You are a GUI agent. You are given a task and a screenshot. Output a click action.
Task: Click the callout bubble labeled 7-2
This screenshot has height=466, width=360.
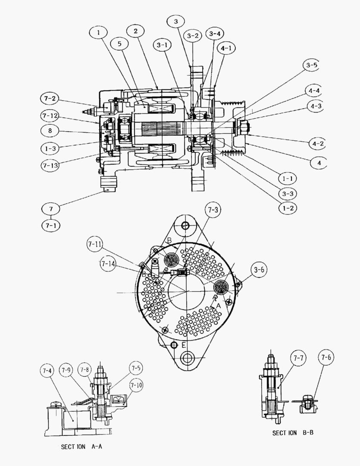pyautogui.click(x=50, y=99)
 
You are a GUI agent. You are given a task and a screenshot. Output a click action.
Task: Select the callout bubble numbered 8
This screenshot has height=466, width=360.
pyautogui.click(x=51, y=130)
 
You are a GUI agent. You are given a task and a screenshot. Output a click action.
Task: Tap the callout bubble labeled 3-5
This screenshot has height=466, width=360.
pyautogui.click(x=311, y=66)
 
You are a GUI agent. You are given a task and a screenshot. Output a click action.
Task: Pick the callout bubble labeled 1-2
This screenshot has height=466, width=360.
pyautogui.click(x=288, y=208)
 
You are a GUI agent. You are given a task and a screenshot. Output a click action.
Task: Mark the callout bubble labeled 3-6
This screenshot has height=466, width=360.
pyautogui.click(x=260, y=270)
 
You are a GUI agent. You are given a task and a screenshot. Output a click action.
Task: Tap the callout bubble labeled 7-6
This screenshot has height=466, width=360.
pyautogui.click(x=326, y=357)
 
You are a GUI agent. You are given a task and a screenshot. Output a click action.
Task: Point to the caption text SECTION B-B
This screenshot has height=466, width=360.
pyautogui.click(x=292, y=432)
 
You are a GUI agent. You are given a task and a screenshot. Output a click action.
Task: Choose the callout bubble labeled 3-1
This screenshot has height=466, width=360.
pyautogui.click(x=162, y=45)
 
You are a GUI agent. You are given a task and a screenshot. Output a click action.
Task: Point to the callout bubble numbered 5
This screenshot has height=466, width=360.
pyautogui.click(x=119, y=44)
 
